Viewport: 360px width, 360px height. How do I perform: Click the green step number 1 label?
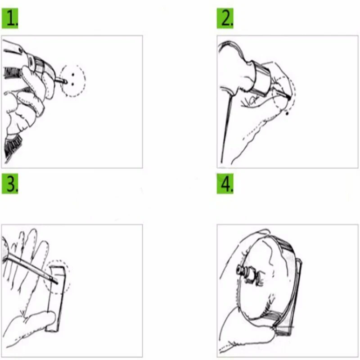click(10, 18)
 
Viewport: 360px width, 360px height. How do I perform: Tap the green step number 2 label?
click(225, 18)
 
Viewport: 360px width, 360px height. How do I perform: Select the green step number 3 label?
click(10, 184)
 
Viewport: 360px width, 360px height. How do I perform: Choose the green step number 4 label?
click(225, 184)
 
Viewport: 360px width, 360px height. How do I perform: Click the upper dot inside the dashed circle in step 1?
click(73, 75)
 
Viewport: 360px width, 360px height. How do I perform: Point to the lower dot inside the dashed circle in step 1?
click(73, 84)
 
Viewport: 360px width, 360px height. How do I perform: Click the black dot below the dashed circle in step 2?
click(287, 113)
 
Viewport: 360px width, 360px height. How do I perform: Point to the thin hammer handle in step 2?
click(226, 129)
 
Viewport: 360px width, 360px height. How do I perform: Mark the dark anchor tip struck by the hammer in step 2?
click(288, 98)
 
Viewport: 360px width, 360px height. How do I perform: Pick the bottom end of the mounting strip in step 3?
click(52, 329)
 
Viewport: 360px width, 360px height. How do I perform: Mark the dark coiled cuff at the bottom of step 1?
click(13, 146)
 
